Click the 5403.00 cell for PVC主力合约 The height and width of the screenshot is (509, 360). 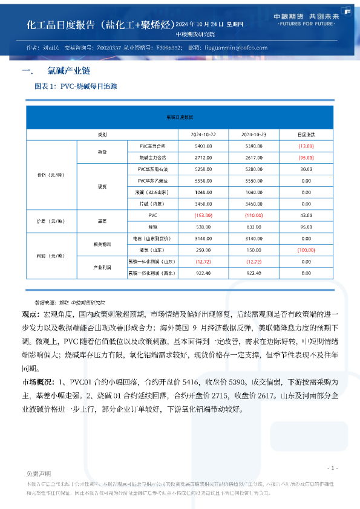coord(203,146)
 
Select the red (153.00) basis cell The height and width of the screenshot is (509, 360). coord(203,215)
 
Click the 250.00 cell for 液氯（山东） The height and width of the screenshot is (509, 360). coord(203,250)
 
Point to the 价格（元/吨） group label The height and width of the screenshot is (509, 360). coord(51,175)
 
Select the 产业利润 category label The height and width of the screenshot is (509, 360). coord(101,267)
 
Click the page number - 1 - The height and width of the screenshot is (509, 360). coord(332,468)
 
